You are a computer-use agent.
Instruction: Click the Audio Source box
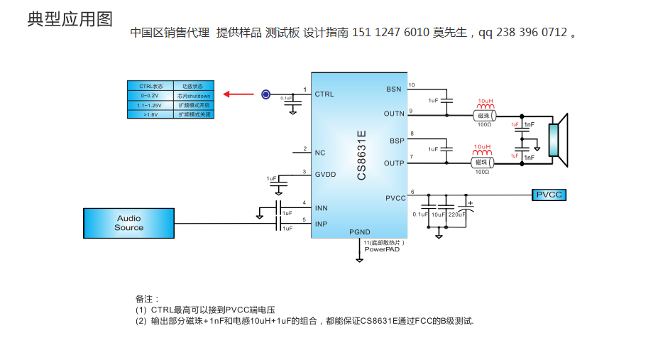click(x=128, y=223)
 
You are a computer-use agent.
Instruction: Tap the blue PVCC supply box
click(x=549, y=195)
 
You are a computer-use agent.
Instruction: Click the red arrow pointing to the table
click(x=238, y=94)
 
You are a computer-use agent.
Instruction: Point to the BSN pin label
click(x=393, y=89)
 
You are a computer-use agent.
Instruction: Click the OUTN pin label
click(x=394, y=114)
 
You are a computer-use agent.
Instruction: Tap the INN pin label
click(x=322, y=208)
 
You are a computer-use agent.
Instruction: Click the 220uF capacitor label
click(x=456, y=214)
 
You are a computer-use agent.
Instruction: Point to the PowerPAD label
click(x=382, y=249)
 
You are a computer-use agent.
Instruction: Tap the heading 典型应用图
click(x=70, y=19)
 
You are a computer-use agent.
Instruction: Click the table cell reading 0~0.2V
click(x=149, y=95)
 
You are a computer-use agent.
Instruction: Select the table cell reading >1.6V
click(x=149, y=114)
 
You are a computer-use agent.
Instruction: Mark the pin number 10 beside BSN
click(x=412, y=85)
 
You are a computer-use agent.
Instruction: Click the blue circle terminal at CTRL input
click(x=265, y=94)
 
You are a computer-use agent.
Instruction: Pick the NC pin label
click(x=320, y=153)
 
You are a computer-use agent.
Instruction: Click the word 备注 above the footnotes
click(x=148, y=298)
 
